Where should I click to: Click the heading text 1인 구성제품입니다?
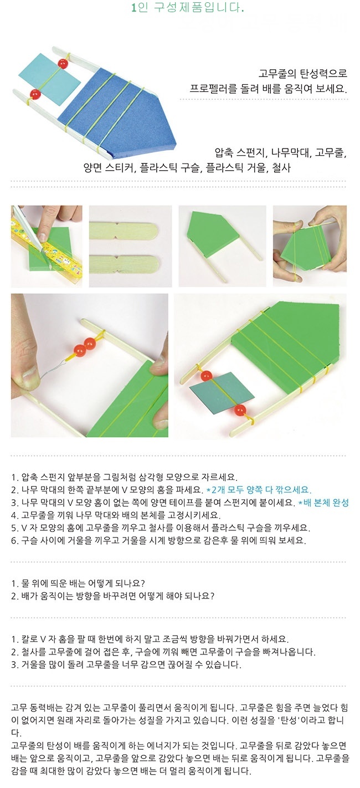pos(188,8)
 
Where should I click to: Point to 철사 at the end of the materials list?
pos(281,168)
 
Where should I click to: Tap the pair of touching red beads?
pos(85,345)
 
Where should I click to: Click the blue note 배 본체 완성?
pos(323,503)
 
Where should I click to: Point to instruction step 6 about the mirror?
pos(158,540)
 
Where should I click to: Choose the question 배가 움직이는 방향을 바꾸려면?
pos(112,596)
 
